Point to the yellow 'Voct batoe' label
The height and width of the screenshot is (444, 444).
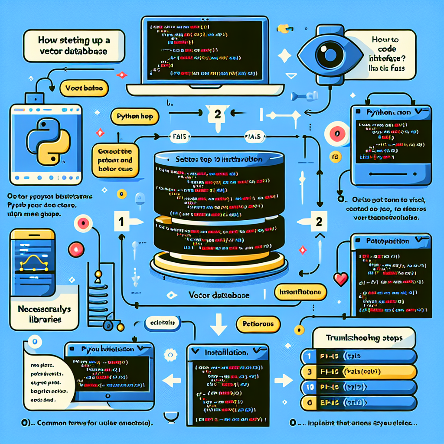click(84, 88)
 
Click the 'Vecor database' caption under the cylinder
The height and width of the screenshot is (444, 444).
click(219, 295)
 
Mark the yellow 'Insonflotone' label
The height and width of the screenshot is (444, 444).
click(300, 292)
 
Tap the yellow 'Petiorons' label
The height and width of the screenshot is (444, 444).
click(259, 323)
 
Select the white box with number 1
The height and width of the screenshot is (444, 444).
click(121, 222)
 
